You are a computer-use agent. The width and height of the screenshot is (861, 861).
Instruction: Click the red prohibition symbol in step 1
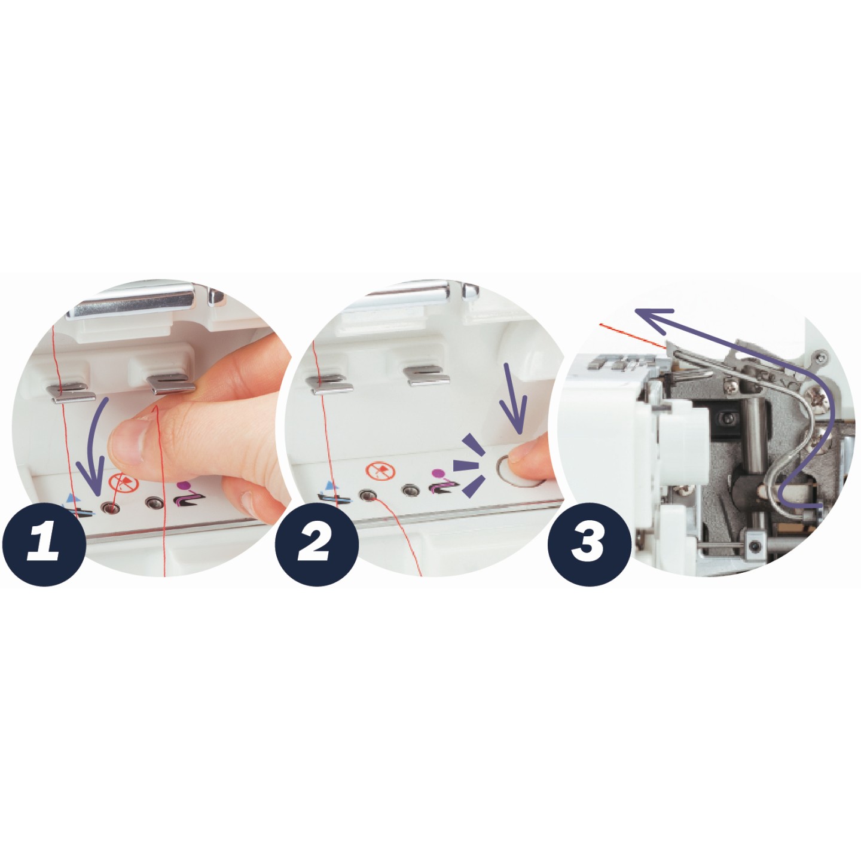click(123, 482)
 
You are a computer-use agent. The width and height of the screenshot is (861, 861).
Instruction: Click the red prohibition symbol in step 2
click(381, 471)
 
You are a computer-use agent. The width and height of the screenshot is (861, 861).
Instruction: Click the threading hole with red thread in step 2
click(368, 495)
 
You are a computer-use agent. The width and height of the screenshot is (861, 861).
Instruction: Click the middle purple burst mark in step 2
click(466, 465)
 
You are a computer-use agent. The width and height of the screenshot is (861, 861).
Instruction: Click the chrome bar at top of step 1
click(130, 301)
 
